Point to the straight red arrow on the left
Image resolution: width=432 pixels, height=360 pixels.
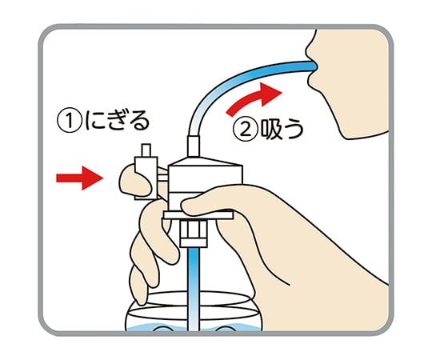pos(77,177)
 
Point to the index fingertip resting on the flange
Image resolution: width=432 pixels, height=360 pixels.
pos(192,206)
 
